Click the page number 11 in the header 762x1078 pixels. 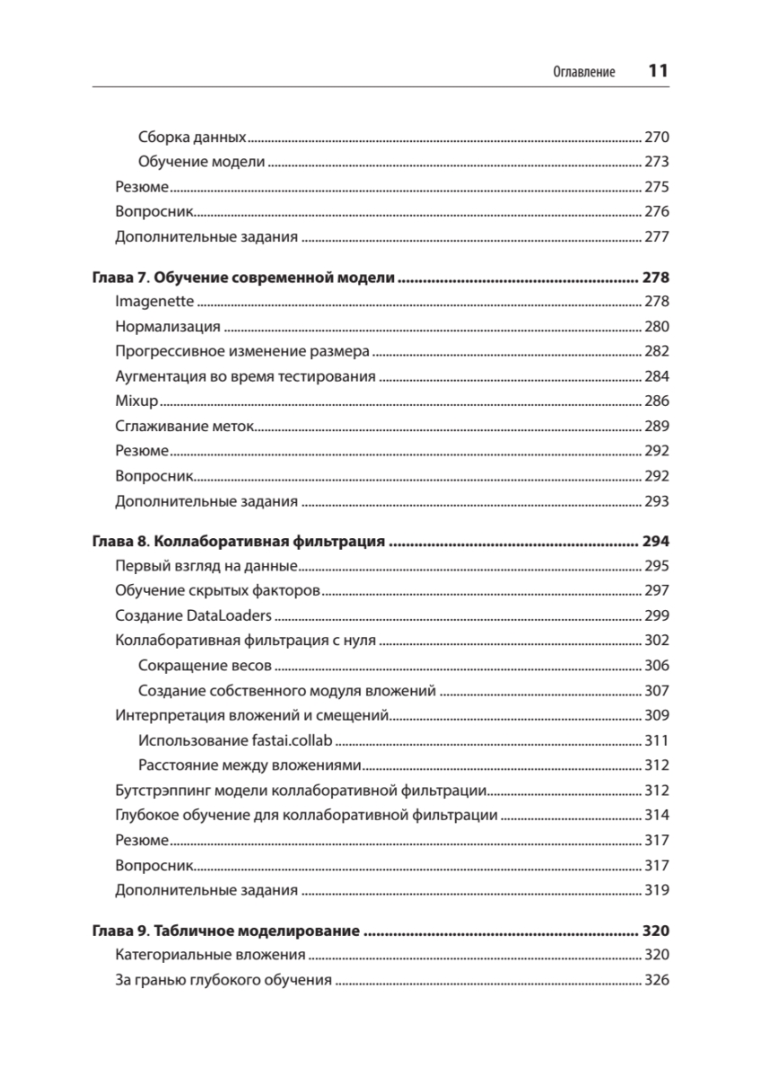point(658,72)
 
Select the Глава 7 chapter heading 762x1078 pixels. point(243,278)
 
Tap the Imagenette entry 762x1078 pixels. point(154,302)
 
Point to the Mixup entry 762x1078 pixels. point(136,402)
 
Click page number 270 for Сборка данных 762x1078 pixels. point(657,138)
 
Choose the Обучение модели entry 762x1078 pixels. point(202,163)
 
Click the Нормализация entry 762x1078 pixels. point(168,327)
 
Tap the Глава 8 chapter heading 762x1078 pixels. point(238,542)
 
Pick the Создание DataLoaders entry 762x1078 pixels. point(193,616)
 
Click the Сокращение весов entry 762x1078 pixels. point(206,666)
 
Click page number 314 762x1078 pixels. point(657,816)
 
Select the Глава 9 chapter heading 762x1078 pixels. point(226,931)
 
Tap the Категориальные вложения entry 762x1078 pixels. point(211,955)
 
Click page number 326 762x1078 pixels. point(657,980)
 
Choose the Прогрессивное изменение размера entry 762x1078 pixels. point(241,352)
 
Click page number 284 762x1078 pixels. point(657,377)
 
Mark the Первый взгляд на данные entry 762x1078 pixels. point(206,567)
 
